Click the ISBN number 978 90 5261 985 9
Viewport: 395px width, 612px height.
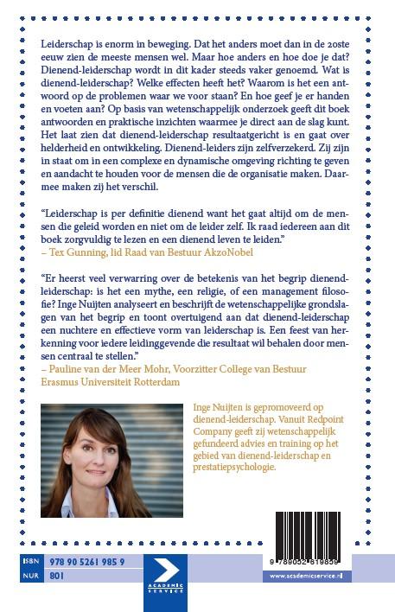tap(86, 561)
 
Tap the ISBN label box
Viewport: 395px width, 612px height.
tap(29, 561)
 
